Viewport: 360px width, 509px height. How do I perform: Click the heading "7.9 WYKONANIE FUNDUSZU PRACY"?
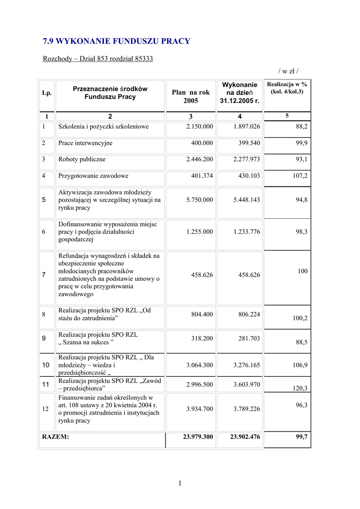coord(116,41)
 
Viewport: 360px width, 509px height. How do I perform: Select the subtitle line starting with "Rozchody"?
coord(98,59)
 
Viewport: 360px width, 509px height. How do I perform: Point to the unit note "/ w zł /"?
coord(288,71)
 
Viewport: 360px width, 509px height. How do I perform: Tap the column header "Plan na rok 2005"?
coord(190,96)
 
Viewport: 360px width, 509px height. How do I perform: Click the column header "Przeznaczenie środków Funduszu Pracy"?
coord(110,92)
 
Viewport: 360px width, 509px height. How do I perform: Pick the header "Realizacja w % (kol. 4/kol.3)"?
coord(287,88)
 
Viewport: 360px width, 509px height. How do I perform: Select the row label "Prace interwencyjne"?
coord(85,143)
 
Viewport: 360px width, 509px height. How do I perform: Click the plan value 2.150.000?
coord(199,127)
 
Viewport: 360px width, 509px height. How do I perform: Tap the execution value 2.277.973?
coord(247,160)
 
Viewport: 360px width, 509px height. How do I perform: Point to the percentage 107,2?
coord(300,176)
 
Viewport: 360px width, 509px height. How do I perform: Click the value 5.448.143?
coord(247,200)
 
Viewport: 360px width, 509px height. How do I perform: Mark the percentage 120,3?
coord(300,388)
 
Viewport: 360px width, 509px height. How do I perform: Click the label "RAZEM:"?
coord(56,437)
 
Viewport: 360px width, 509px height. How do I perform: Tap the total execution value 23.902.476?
coord(245,437)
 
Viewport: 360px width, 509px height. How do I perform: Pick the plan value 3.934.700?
coord(199,409)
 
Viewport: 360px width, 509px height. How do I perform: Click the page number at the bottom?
coord(180,483)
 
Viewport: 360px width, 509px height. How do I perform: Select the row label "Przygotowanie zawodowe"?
coord(93,176)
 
